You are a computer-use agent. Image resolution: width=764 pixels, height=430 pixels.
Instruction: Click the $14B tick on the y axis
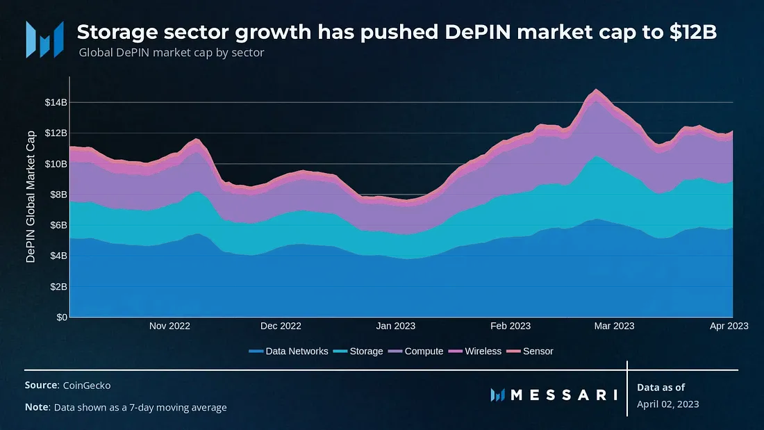(55, 102)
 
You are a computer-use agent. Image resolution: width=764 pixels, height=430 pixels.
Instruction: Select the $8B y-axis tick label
(57, 195)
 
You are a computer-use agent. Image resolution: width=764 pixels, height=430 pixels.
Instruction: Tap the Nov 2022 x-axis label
(169, 326)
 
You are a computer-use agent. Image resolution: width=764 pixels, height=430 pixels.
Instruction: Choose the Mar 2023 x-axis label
(613, 326)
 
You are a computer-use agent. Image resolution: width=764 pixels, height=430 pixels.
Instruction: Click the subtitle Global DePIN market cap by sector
(171, 53)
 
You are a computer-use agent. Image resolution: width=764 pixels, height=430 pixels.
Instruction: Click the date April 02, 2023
(667, 404)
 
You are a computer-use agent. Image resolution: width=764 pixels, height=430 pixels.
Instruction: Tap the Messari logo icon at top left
(44, 39)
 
